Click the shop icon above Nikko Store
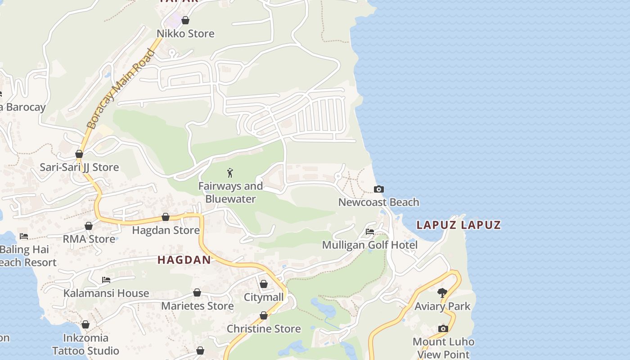[x=185, y=20]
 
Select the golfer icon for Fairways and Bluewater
[x=230, y=172]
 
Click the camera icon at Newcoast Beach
[x=379, y=189]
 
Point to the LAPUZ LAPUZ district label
[x=459, y=225]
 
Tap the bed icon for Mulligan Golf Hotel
[x=370, y=232]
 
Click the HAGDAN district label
[x=184, y=260]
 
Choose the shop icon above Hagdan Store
[x=166, y=217]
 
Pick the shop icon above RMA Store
[x=89, y=226]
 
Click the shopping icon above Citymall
[x=264, y=284]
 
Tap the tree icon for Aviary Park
[x=442, y=293]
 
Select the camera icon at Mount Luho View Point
[x=443, y=328]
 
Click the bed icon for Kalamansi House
[x=106, y=280]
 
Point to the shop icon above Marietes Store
[x=197, y=292]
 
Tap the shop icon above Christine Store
[x=264, y=315]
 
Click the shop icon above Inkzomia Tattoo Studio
[x=85, y=324]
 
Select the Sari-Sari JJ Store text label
[x=80, y=167]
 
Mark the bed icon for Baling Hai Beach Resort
[x=24, y=236]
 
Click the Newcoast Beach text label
[x=378, y=202]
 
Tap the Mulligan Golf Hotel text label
[x=370, y=245]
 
